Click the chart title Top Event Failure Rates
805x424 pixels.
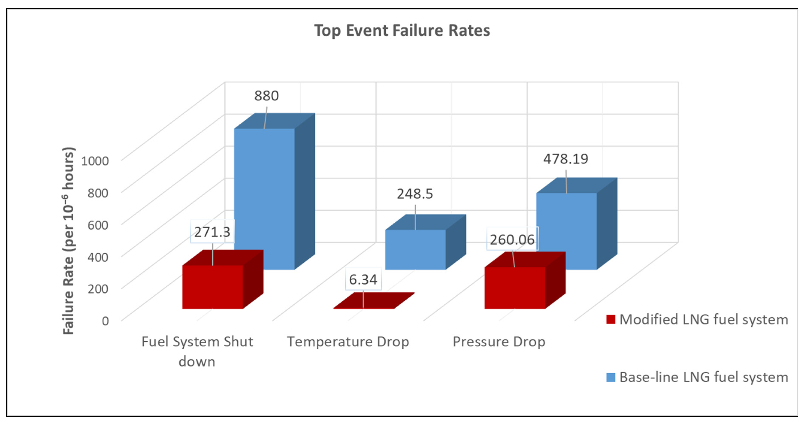coord(402,31)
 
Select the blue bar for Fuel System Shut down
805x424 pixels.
coord(274,191)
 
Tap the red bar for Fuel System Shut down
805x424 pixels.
coord(222,279)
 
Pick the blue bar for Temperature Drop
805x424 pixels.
coord(425,242)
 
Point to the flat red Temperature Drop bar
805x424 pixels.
coord(374,301)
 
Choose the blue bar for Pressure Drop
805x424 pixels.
coord(577,224)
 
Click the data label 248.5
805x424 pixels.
coord(415,194)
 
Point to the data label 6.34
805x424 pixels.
coord(363,279)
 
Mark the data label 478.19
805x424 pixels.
coord(566,159)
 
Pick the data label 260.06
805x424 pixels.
coord(512,240)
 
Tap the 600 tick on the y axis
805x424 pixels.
coord(98,225)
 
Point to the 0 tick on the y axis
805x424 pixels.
coord(105,321)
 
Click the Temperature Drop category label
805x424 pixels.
coord(348,342)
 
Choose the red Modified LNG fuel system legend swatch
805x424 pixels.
coord(611,319)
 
